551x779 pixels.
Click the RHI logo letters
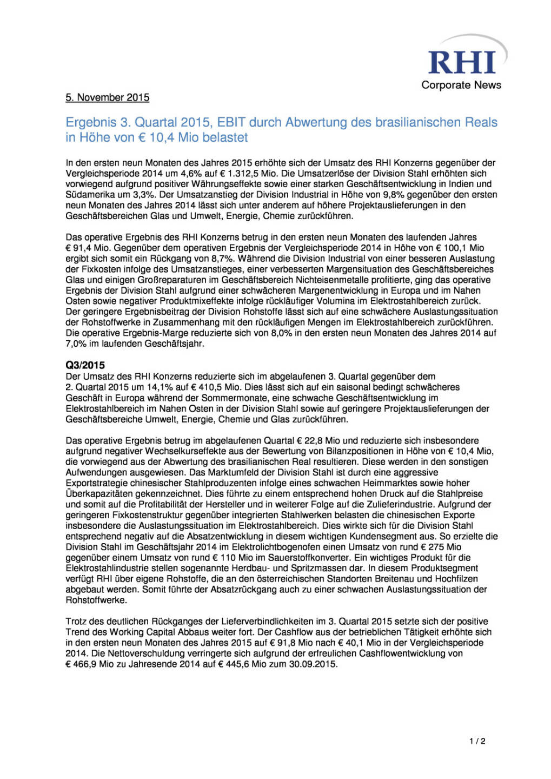click(x=462, y=63)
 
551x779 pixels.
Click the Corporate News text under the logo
click(x=461, y=85)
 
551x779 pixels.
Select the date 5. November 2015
click(x=107, y=97)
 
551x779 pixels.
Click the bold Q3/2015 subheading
click(x=85, y=365)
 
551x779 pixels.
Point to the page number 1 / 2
click(x=477, y=741)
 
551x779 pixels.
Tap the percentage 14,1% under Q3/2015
click(x=160, y=387)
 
